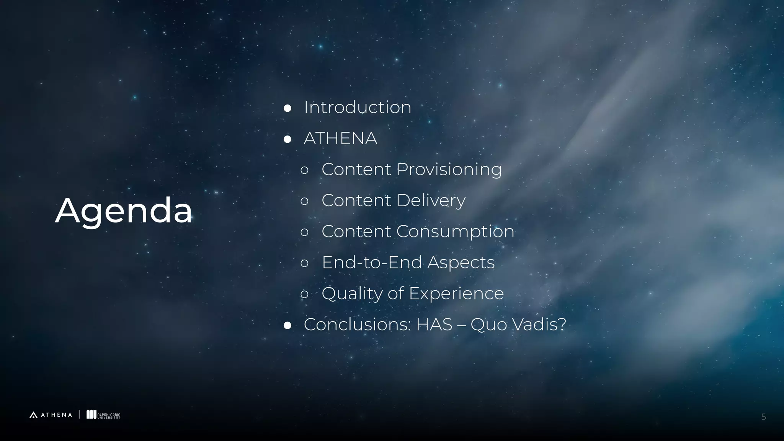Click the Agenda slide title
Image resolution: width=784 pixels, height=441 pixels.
[123, 211]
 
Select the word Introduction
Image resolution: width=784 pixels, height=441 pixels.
[357, 107]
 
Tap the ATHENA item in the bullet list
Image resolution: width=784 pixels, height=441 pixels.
[340, 138]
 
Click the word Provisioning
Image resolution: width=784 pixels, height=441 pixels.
[449, 170]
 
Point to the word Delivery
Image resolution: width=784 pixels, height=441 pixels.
[431, 201]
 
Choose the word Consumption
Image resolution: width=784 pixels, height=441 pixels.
[455, 232]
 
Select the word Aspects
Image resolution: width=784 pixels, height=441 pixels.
[461, 263]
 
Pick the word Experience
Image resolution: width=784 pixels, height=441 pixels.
[456, 294]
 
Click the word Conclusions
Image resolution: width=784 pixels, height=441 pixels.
[357, 325]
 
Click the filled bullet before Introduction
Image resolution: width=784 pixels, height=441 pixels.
[287, 108]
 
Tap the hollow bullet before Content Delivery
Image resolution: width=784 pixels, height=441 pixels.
[305, 201]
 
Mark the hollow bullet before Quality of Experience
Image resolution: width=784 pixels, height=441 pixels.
[305, 294]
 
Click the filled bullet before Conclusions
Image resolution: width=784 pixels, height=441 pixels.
[287, 325]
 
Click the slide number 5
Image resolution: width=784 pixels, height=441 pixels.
[763, 417]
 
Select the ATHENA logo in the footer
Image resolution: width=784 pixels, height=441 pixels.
[51, 415]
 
